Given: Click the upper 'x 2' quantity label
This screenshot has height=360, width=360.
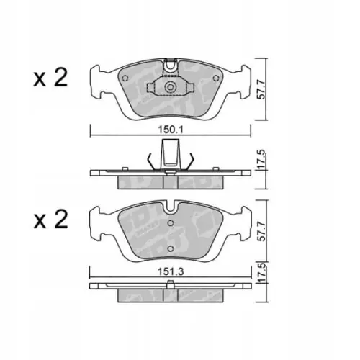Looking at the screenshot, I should [x=50, y=78].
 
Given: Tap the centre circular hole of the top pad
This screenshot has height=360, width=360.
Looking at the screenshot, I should [x=170, y=88].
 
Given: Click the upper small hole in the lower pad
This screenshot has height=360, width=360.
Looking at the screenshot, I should [x=170, y=223].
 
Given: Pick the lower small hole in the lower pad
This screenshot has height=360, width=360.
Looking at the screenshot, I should [x=170, y=249].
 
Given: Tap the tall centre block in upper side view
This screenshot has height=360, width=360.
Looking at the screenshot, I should [x=170, y=153].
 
